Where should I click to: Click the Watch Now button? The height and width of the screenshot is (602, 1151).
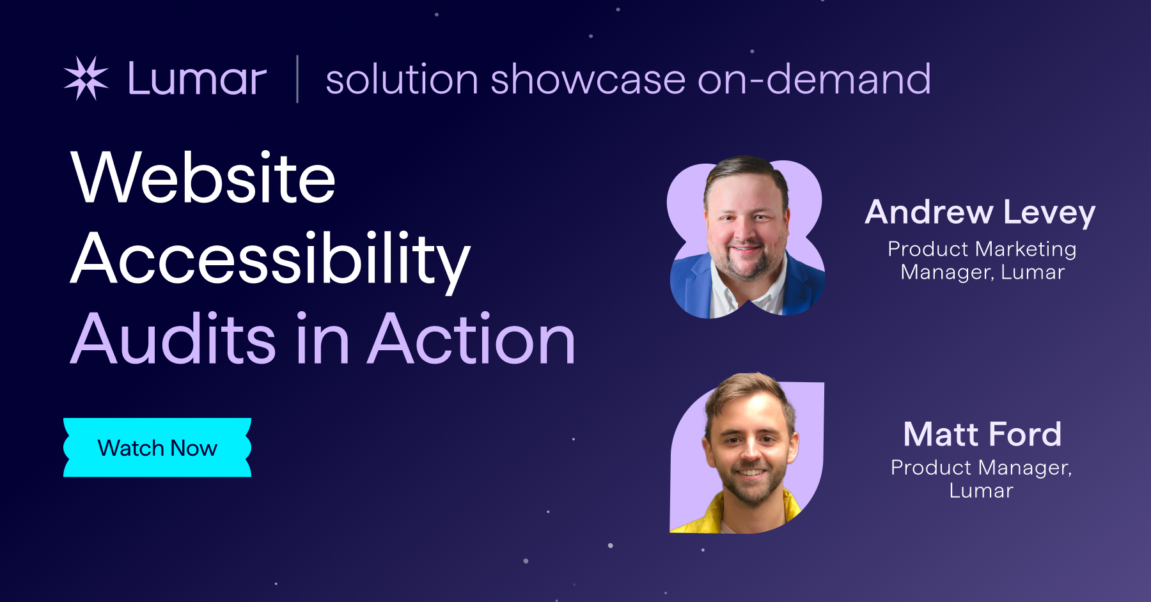tap(157, 447)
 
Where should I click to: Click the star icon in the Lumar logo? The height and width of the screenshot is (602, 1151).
tap(86, 79)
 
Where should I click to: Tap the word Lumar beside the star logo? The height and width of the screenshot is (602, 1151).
tap(197, 79)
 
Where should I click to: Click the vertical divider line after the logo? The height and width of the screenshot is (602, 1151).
tap(297, 79)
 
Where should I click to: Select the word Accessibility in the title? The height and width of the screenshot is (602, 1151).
tap(270, 259)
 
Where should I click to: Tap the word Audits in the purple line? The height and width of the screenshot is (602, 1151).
tap(173, 339)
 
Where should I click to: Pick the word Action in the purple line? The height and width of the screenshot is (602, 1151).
tap(473, 339)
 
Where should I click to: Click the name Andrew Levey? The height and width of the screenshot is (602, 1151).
tap(980, 212)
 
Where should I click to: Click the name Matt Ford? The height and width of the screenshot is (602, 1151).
tap(982, 435)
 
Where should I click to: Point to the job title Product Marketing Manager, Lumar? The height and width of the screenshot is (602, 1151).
tap(982, 260)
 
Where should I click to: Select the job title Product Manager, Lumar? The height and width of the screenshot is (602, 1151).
tap(981, 479)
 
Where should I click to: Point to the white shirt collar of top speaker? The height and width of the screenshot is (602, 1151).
tap(726, 294)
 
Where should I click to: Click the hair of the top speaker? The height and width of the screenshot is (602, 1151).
tap(746, 169)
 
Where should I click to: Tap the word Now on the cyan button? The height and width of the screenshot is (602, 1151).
tap(194, 448)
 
